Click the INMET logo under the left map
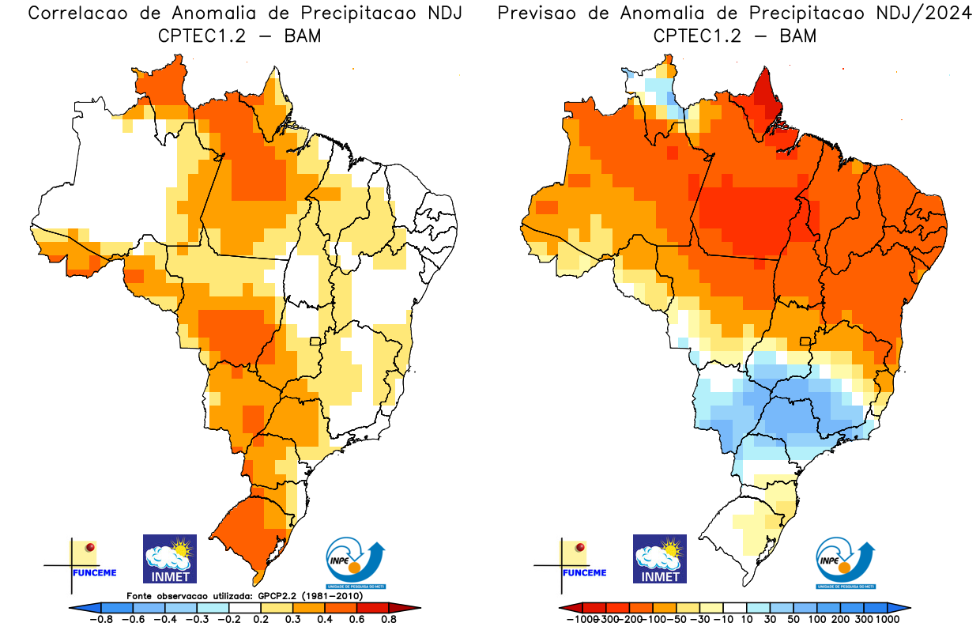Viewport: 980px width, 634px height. tap(170, 558)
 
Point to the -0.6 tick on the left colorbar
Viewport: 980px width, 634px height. tap(136, 620)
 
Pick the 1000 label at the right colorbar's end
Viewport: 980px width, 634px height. tap(887, 620)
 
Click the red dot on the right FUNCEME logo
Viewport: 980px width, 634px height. tap(581, 547)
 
